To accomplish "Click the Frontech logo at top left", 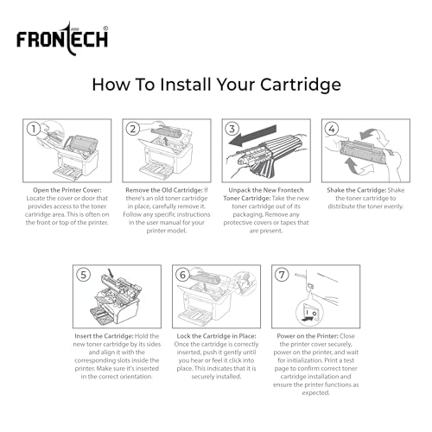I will point(61,38).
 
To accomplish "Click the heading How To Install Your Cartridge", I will point(216,85).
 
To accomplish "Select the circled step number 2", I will point(133,130).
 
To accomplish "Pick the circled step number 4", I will point(333,130).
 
